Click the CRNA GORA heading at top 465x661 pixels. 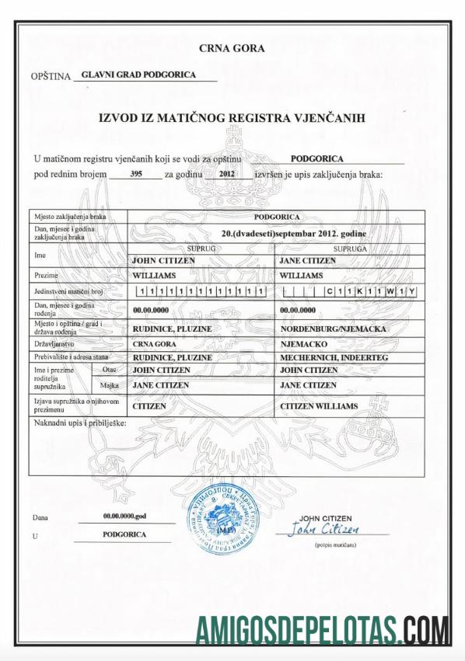[x=232, y=48]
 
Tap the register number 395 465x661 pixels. [x=135, y=175]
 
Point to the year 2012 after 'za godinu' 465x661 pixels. [x=226, y=175]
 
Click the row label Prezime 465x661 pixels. [x=47, y=275]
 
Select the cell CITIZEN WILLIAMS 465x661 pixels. [x=319, y=406]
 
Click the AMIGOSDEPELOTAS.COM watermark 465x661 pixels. [x=322, y=628]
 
